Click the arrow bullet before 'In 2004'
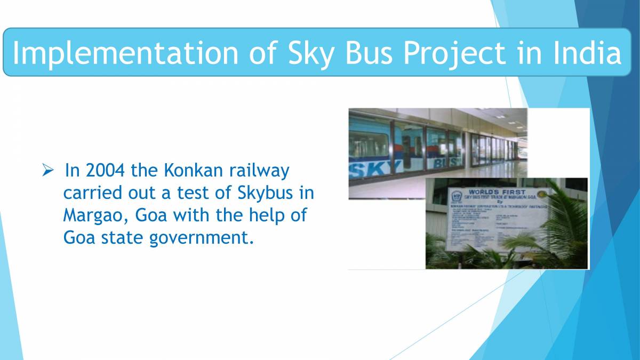47,171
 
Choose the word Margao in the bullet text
93,215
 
